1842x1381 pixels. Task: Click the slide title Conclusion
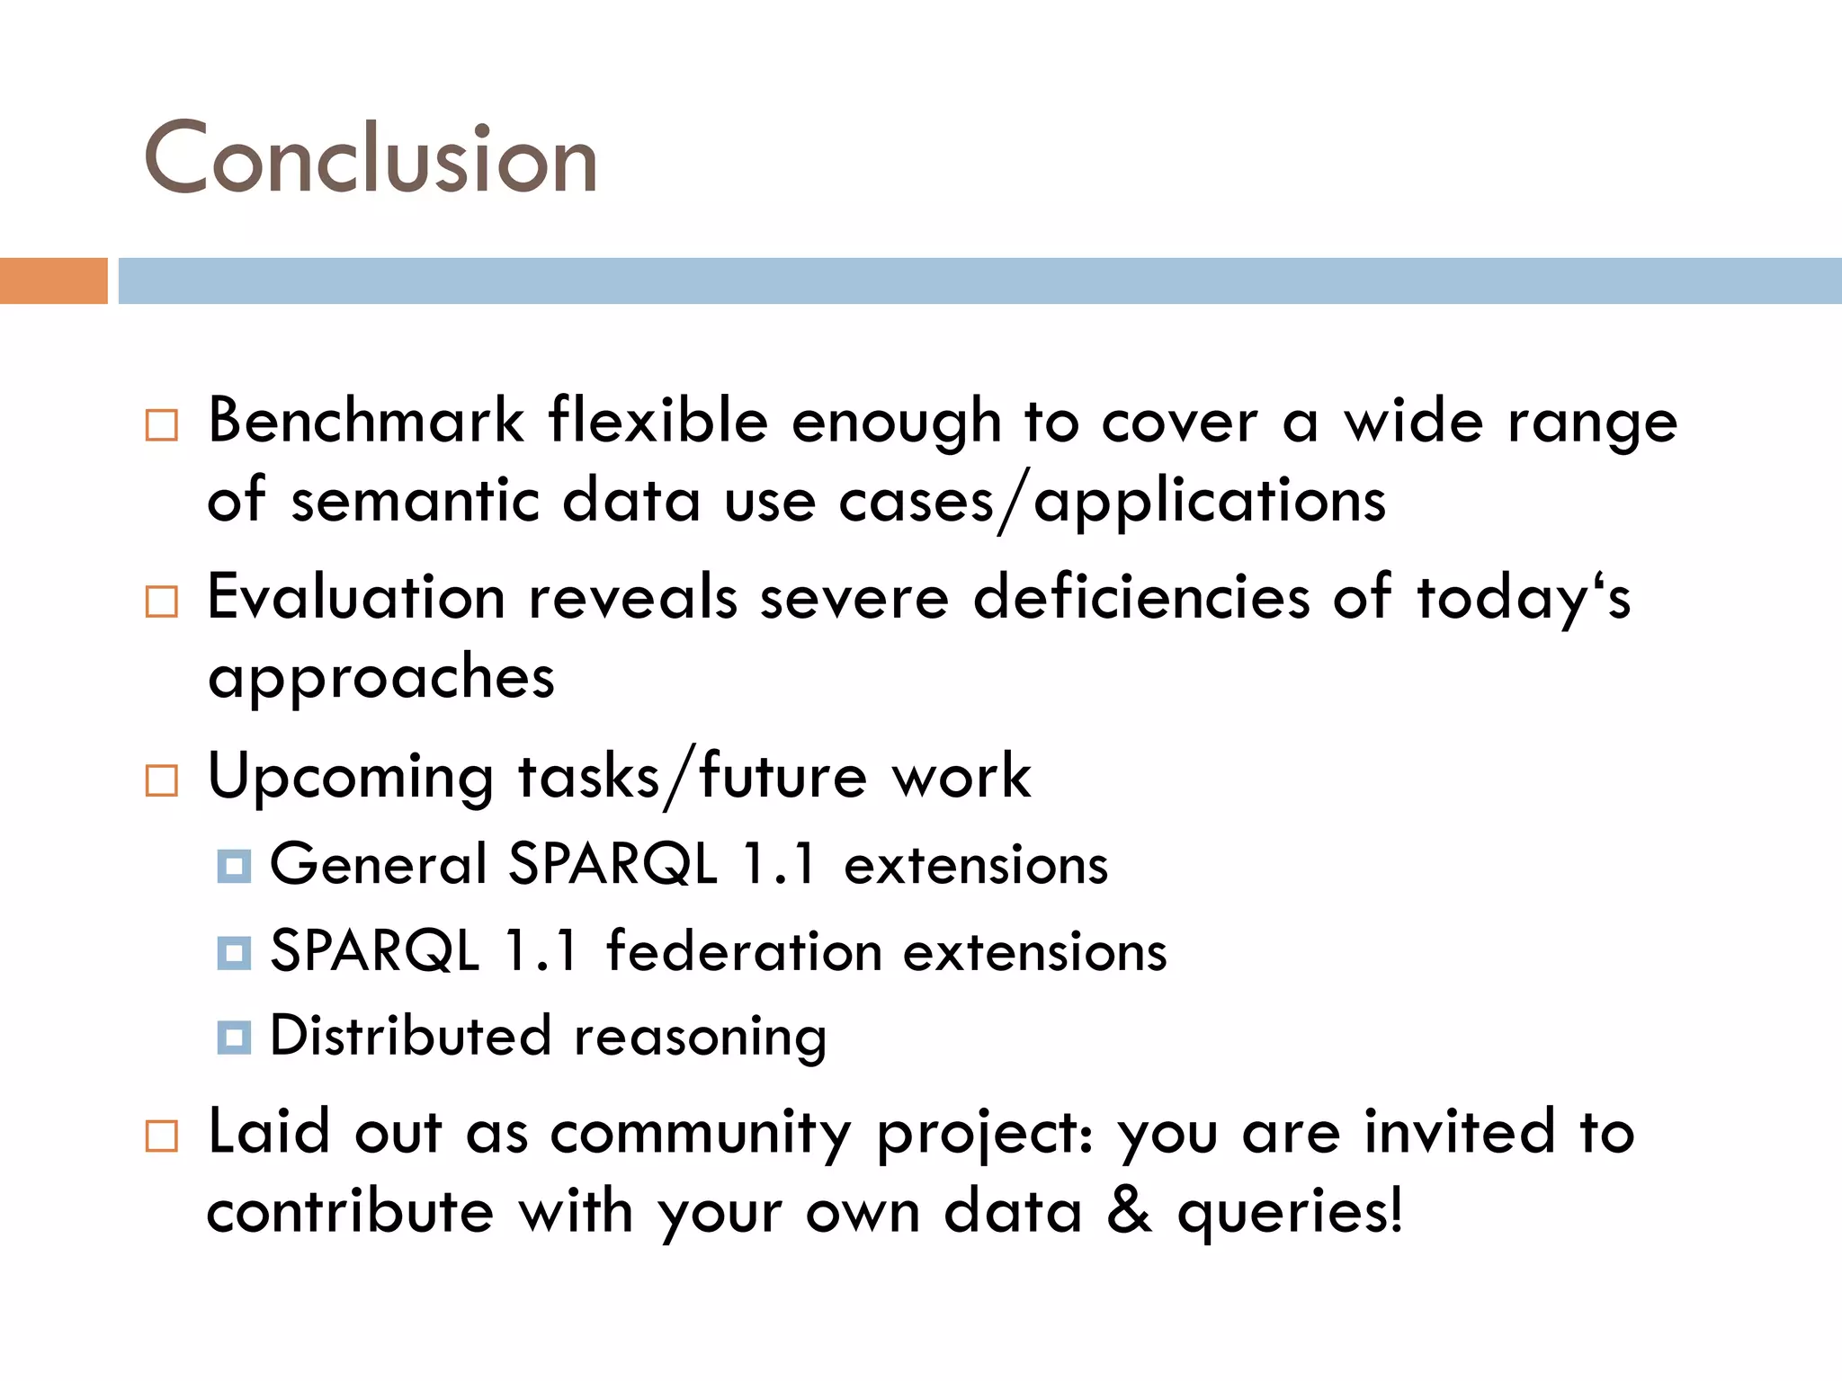(x=371, y=158)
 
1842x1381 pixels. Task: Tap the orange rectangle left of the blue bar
(x=53, y=281)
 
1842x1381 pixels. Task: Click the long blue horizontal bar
(x=979, y=281)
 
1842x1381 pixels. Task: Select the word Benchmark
(x=366, y=421)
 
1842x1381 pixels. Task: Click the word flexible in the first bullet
(x=659, y=421)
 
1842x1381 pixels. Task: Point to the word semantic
(x=415, y=501)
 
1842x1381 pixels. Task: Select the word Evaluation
(x=356, y=597)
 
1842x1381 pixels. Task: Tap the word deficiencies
(x=1141, y=597)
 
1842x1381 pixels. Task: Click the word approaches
(x=381, y=679)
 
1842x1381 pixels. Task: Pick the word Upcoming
(x=351, y=778)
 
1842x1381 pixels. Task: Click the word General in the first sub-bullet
(x=378, y=865)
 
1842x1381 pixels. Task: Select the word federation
(x=744, y=951)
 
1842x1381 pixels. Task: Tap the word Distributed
(x=410, y=1036)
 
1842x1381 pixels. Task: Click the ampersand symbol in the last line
(x=1130, y=1210)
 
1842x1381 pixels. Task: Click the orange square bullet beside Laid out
(x=162, y=1136)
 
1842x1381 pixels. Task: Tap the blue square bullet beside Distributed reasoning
(x=234, y=1038)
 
